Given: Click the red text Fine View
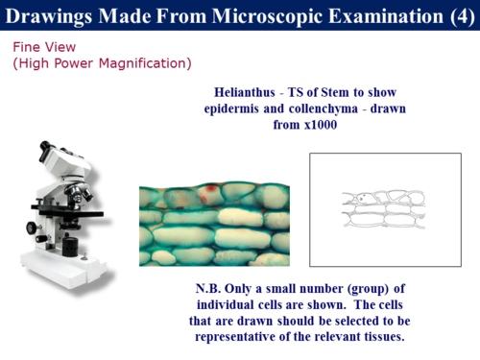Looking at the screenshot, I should (41, 47).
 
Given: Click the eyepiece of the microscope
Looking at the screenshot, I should (46, 149).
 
